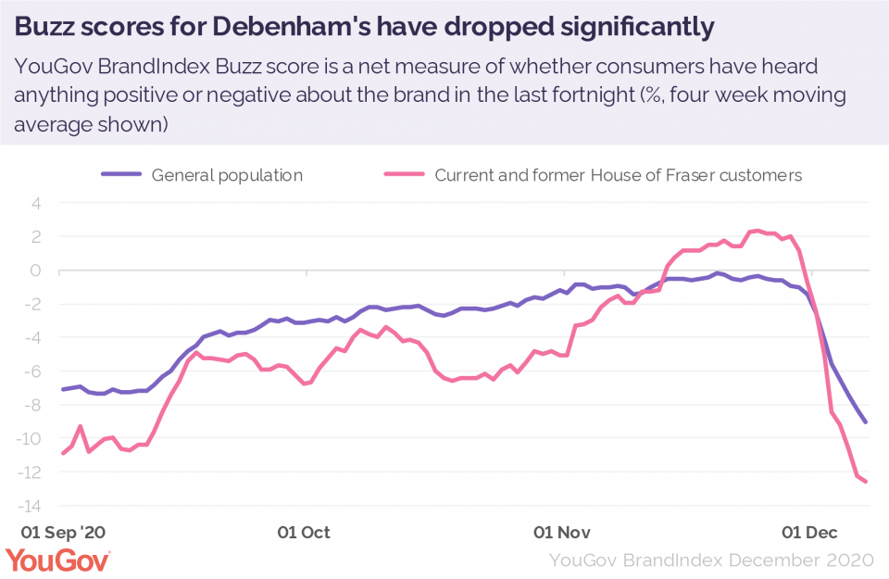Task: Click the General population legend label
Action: pos(227,174)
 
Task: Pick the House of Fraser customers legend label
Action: pos(619,174)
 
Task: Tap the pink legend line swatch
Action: pos(404,174)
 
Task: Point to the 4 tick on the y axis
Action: pos(37,204)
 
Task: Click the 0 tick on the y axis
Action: pos(37,271)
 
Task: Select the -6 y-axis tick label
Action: pos(34,371)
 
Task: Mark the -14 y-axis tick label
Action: pos(31,506)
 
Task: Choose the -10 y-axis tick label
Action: pos(31,438)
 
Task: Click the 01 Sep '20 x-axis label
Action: pos(63,533)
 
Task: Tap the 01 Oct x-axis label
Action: pos(304,533)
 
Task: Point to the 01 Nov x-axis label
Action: pos(562,533)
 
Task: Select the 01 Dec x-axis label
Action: pos(810,533)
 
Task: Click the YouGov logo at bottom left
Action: pos(57,560)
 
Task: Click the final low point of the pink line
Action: pos(867,482)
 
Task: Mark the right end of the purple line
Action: pos(866,422)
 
